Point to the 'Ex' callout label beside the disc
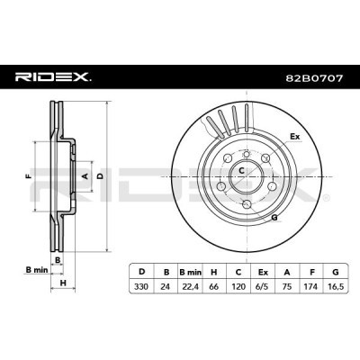click(293, 137)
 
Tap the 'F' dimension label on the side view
click(30, 176)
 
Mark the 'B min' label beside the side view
click(33, 268)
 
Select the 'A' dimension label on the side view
click(85, 176)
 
